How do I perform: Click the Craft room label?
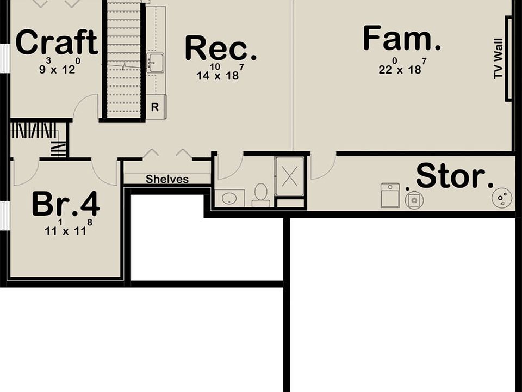[57, 42]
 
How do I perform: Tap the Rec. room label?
[220, 48]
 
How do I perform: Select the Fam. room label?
[401, 39]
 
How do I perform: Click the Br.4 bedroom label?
[65, 204]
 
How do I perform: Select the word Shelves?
[167, 179]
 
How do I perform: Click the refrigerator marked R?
[155, 107]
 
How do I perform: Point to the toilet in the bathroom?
[261, 195]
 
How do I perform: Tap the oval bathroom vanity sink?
[233, 198]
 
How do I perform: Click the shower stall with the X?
[289, 176]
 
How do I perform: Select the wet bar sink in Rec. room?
[155, 63]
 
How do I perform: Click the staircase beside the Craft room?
[123, 60]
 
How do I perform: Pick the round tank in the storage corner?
[501, 197]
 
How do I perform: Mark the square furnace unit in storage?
[390, 195]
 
